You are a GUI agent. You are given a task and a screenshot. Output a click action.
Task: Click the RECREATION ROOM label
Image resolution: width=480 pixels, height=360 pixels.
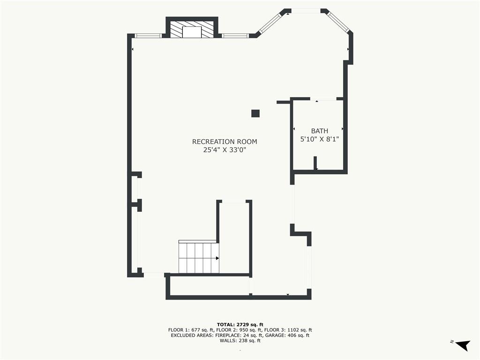point(225,142)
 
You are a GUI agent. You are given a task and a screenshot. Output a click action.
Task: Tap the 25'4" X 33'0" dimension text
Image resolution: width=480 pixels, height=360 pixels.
point(225,150)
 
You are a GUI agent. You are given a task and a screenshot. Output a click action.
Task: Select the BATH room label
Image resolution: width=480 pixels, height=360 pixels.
point(320,131)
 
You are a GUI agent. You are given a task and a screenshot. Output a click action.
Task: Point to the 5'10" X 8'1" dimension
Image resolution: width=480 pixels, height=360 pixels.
point(320,139)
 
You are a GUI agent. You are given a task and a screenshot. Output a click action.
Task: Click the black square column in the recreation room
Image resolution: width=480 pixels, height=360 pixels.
point(255,113)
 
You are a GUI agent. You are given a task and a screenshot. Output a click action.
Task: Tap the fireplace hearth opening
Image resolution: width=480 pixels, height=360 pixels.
point(192,32)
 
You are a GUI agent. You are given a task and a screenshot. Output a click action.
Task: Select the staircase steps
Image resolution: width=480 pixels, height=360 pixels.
point(199,257)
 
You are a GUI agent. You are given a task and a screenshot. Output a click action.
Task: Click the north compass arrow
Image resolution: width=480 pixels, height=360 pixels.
point(463,345)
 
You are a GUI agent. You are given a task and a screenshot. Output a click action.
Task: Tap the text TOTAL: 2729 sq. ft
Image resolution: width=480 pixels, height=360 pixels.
point(240,324)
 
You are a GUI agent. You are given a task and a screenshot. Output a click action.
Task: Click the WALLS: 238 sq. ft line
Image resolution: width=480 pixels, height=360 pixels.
point(240,341)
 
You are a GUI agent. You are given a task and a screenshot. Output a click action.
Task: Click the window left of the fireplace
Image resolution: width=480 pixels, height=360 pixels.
point(148,36)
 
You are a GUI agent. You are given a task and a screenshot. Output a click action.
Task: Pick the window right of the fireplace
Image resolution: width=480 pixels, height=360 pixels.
point(235,36)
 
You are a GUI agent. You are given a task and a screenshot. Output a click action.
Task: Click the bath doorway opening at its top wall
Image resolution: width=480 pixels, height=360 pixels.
point(323,99)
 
